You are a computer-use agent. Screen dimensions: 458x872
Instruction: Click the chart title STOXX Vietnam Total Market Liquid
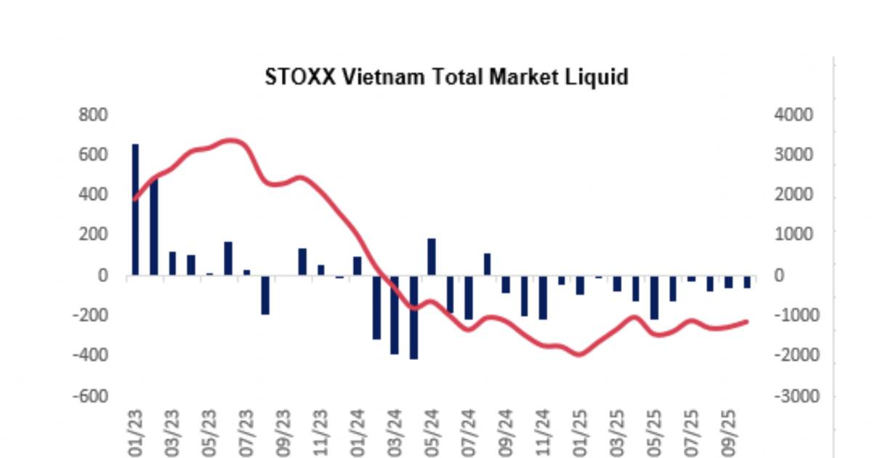pos(445,76)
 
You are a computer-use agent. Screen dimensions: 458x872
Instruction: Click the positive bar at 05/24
pos(432,257)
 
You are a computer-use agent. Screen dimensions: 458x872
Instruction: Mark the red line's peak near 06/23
pos(231,140)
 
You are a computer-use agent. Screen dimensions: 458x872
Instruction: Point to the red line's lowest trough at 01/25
pos(579,355)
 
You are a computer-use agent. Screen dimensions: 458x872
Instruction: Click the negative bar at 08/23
pos(265,294)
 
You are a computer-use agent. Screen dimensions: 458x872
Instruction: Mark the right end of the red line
pos(748,321)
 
